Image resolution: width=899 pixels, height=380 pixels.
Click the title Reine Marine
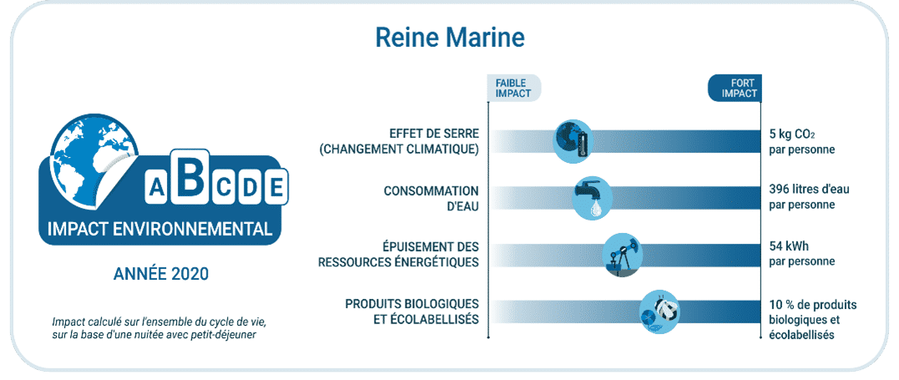[449, 38]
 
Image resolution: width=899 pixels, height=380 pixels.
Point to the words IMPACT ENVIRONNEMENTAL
[160, 230]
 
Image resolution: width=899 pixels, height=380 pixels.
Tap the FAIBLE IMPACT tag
[513, 89]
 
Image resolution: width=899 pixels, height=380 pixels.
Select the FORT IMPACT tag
[735, 89]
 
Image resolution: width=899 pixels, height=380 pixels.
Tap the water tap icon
[593, 198]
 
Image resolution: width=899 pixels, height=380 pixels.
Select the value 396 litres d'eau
[809, 190]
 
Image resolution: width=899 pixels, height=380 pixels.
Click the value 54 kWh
[788, 247]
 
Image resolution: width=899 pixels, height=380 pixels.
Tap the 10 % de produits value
[812, 304]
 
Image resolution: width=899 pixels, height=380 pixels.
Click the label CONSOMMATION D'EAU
[432, 198]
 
